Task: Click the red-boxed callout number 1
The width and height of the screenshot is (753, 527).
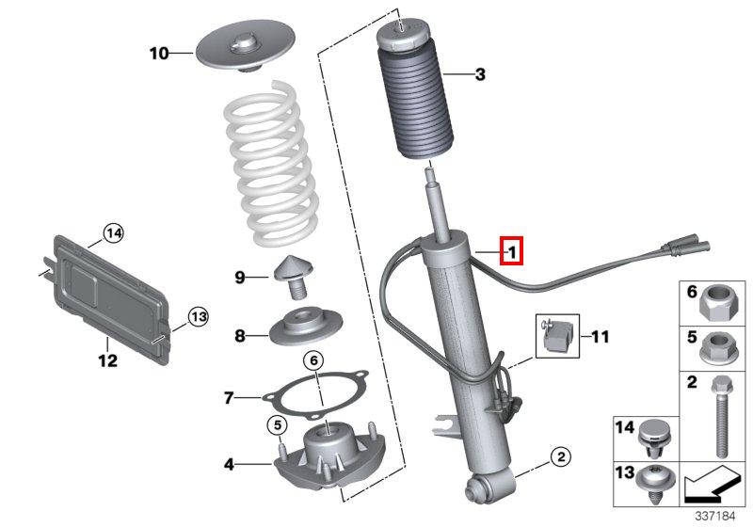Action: pyautogui.click(x=511, y=250)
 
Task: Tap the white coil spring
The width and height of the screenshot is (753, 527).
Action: pyautogui.click(x=271, y=163)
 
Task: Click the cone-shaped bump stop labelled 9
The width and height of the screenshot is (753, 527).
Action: pyautogui.click(x=293, y=277)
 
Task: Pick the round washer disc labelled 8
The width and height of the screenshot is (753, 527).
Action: pyautogui.click(x=306, y=327)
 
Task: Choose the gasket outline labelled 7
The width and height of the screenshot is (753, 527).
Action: pyautogui.click(x=315, y=394)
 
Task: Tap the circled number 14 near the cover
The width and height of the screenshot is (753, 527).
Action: pyautogui.click(x=113, y=233)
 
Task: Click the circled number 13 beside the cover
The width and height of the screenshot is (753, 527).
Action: pyautogui.click(x=198, y=317)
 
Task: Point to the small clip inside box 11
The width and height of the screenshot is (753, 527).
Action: pyautogui.click(x=557, y=336)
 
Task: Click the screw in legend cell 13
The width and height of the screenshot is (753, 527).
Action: pyautogui.click(x=655, y=483)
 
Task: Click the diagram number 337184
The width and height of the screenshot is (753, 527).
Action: pyautogui.click(x=715, y=517)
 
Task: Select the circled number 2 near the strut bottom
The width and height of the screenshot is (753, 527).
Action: pyautogui.click(x=560, y=456)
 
